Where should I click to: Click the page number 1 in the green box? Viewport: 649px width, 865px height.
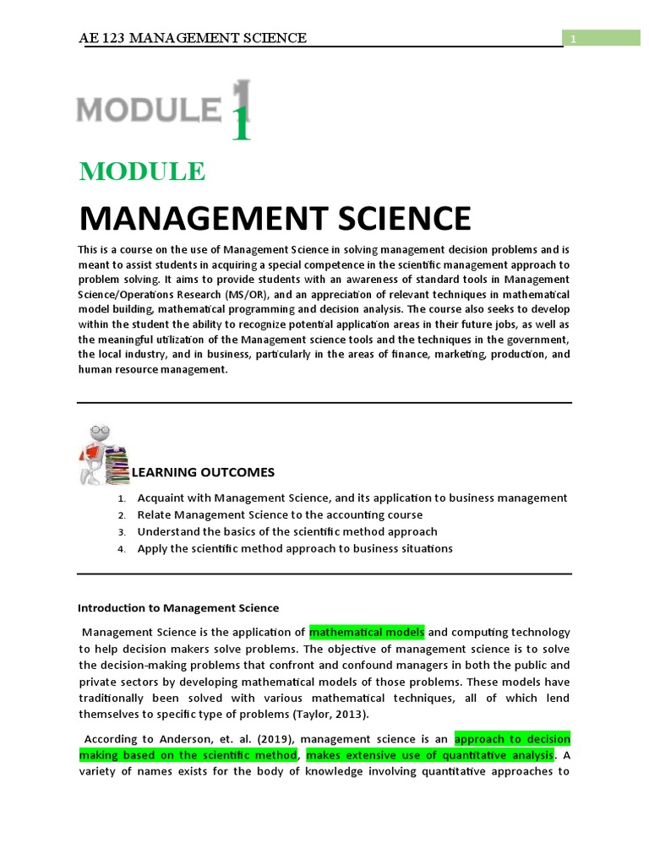pyautogui.click(x=572, y=39)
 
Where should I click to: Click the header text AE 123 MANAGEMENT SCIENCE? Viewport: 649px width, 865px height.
pyautogui.click(x=192, y=38)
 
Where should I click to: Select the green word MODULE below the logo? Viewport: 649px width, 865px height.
pyautogui.click(x=142, y=171)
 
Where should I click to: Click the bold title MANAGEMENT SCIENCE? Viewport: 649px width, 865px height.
pyautogui.click(x=275, y=218)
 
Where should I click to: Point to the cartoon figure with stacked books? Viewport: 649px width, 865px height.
pyautogui.click(x=101, y=454)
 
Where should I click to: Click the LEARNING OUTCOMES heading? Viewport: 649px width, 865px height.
pyautogui.click(x=203, y=472)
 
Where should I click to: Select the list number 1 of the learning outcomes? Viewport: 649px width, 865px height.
pyautogui.click(x=122, y=498)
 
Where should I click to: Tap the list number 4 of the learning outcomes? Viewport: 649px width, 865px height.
pyautogui.click(x=122, y=549)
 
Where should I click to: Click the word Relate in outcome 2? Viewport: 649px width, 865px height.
pyautogui.click(x=155, y=514)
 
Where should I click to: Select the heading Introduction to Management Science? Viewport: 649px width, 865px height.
pyautogui.click(x=178, y=607)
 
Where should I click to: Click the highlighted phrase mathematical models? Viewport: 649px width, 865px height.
pyautogui.click(x=367, y=632)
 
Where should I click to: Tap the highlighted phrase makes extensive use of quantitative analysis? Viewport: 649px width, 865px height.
pyautogui.click(x=429, y=754)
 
